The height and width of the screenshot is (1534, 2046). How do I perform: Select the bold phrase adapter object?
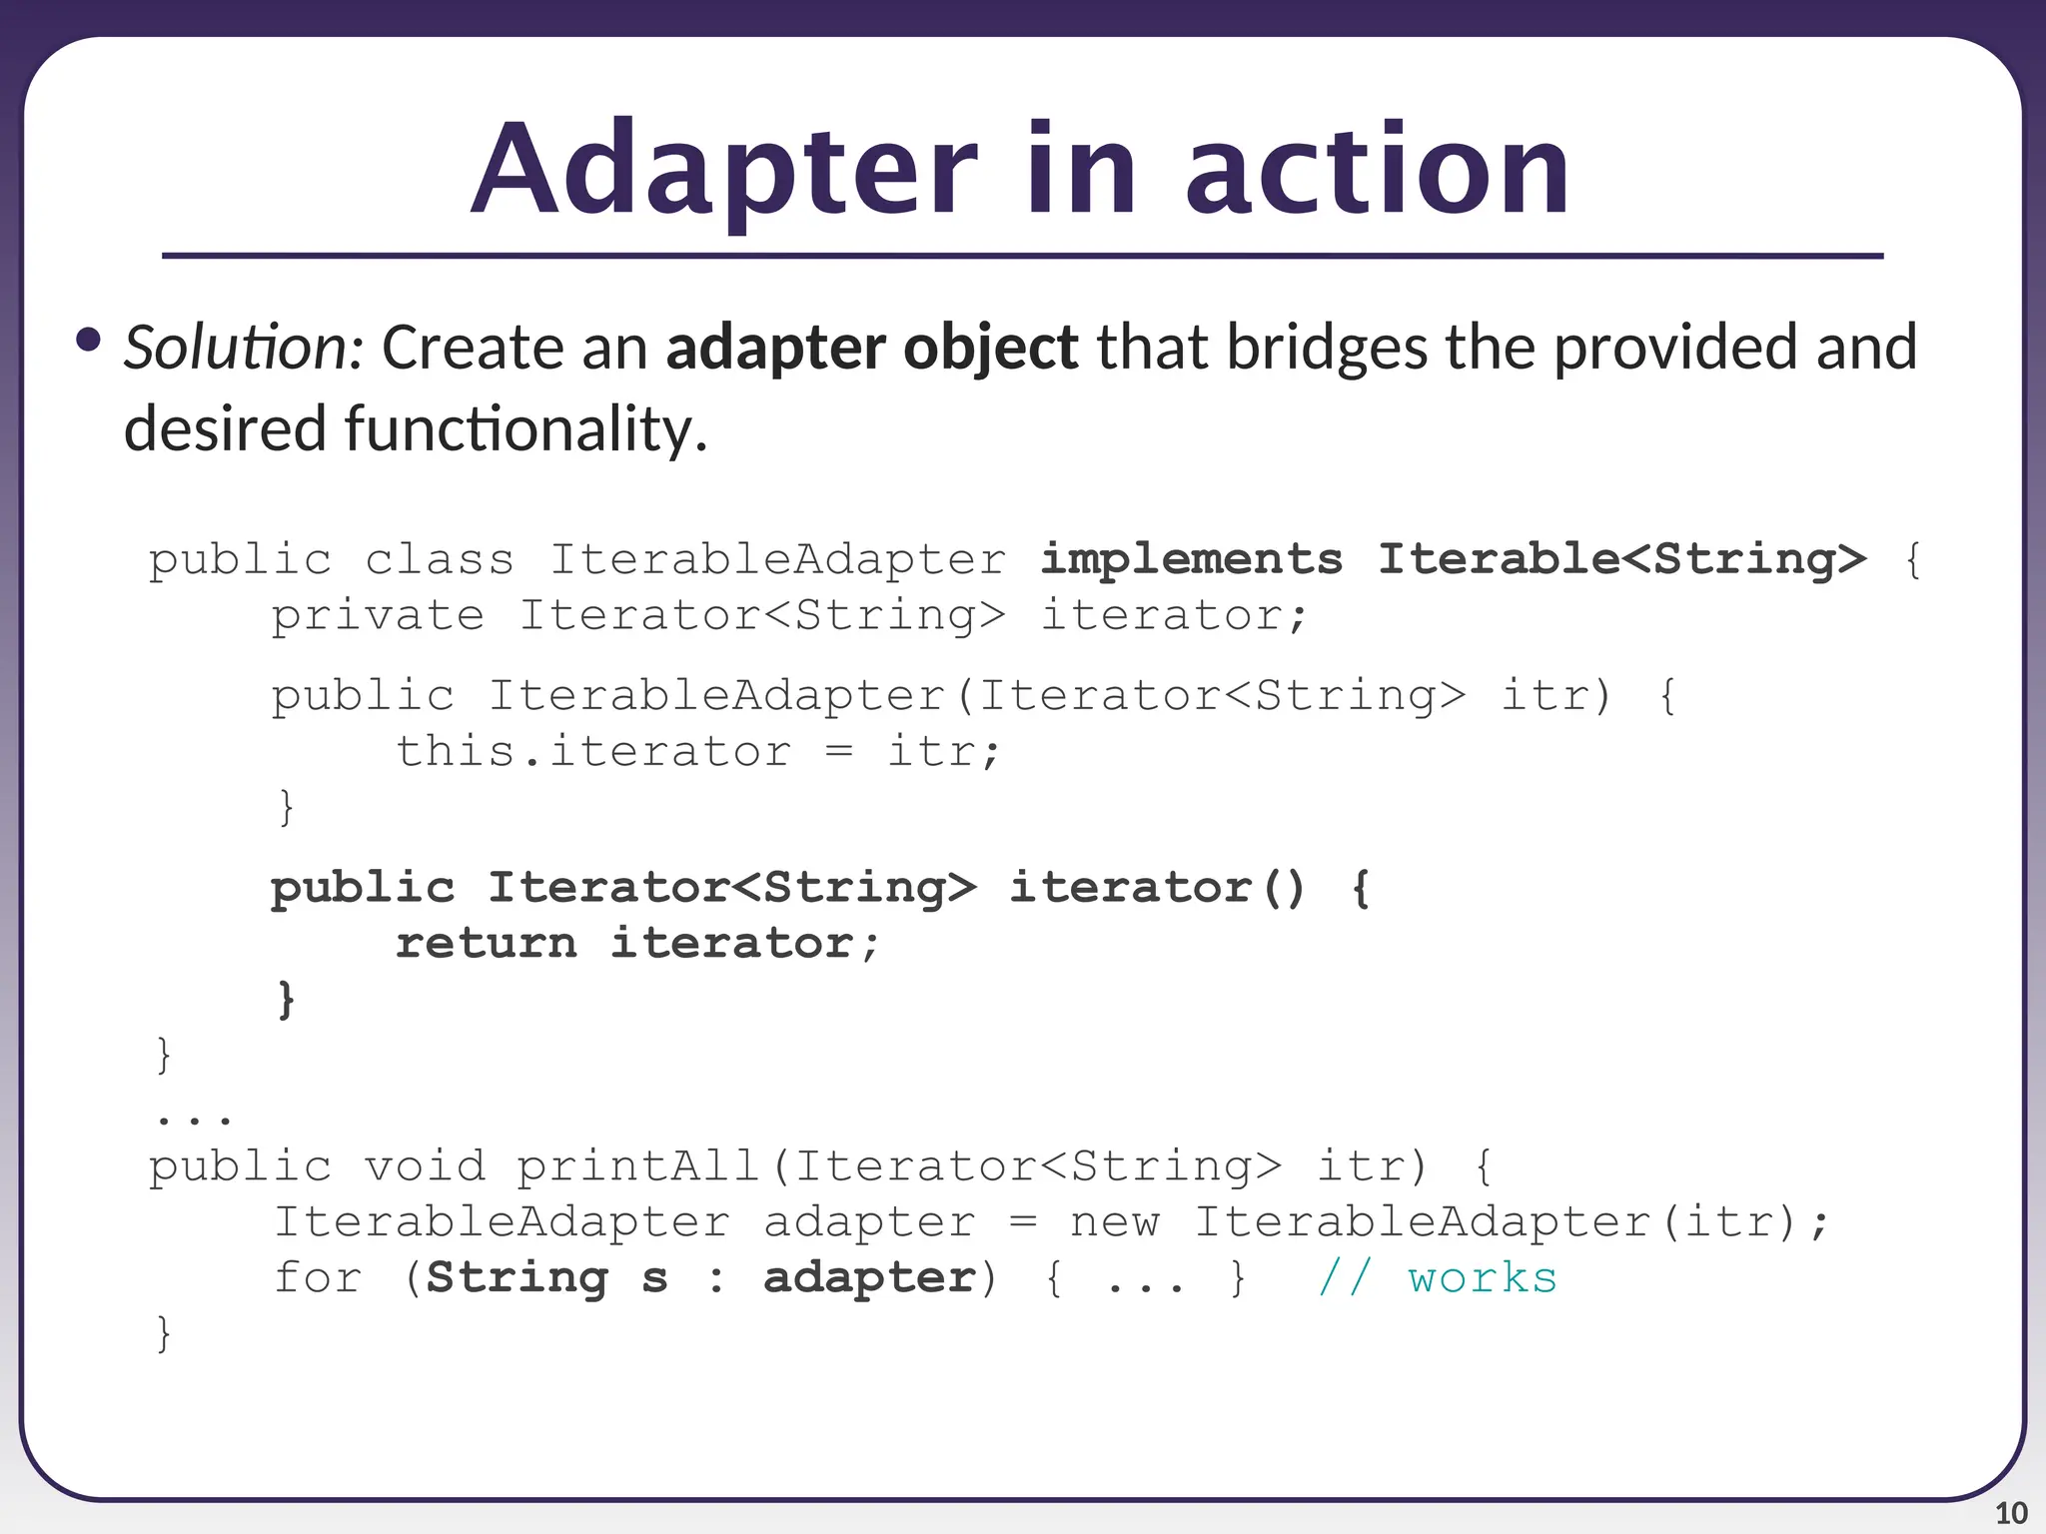[871, 348]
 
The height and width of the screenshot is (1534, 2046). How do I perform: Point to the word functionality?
[525, 429]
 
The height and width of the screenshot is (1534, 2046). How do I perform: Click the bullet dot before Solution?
[88, 341]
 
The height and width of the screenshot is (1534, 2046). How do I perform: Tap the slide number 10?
[2011, 1513]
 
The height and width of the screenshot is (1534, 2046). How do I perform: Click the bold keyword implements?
[1191, 559]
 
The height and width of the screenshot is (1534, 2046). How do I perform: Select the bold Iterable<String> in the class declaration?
[1621, 559]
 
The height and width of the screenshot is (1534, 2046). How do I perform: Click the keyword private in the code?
[378, 615]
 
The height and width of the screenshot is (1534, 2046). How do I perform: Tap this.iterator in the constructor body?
[593, 751]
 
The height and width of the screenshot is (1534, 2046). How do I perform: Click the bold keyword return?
[487, 943]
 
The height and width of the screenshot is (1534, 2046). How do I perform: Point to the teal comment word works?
[1483, 1278]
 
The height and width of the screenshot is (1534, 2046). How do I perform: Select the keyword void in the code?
[425, 1166]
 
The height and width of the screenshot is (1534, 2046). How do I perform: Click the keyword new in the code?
[1115, 1222]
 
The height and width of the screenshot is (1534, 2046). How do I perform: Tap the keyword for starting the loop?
[318, 1278]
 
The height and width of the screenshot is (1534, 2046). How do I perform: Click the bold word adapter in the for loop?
[869, 1278]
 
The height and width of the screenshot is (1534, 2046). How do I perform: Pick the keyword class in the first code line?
[440, 559]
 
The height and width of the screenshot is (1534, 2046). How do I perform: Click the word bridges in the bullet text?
[1327, 348]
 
